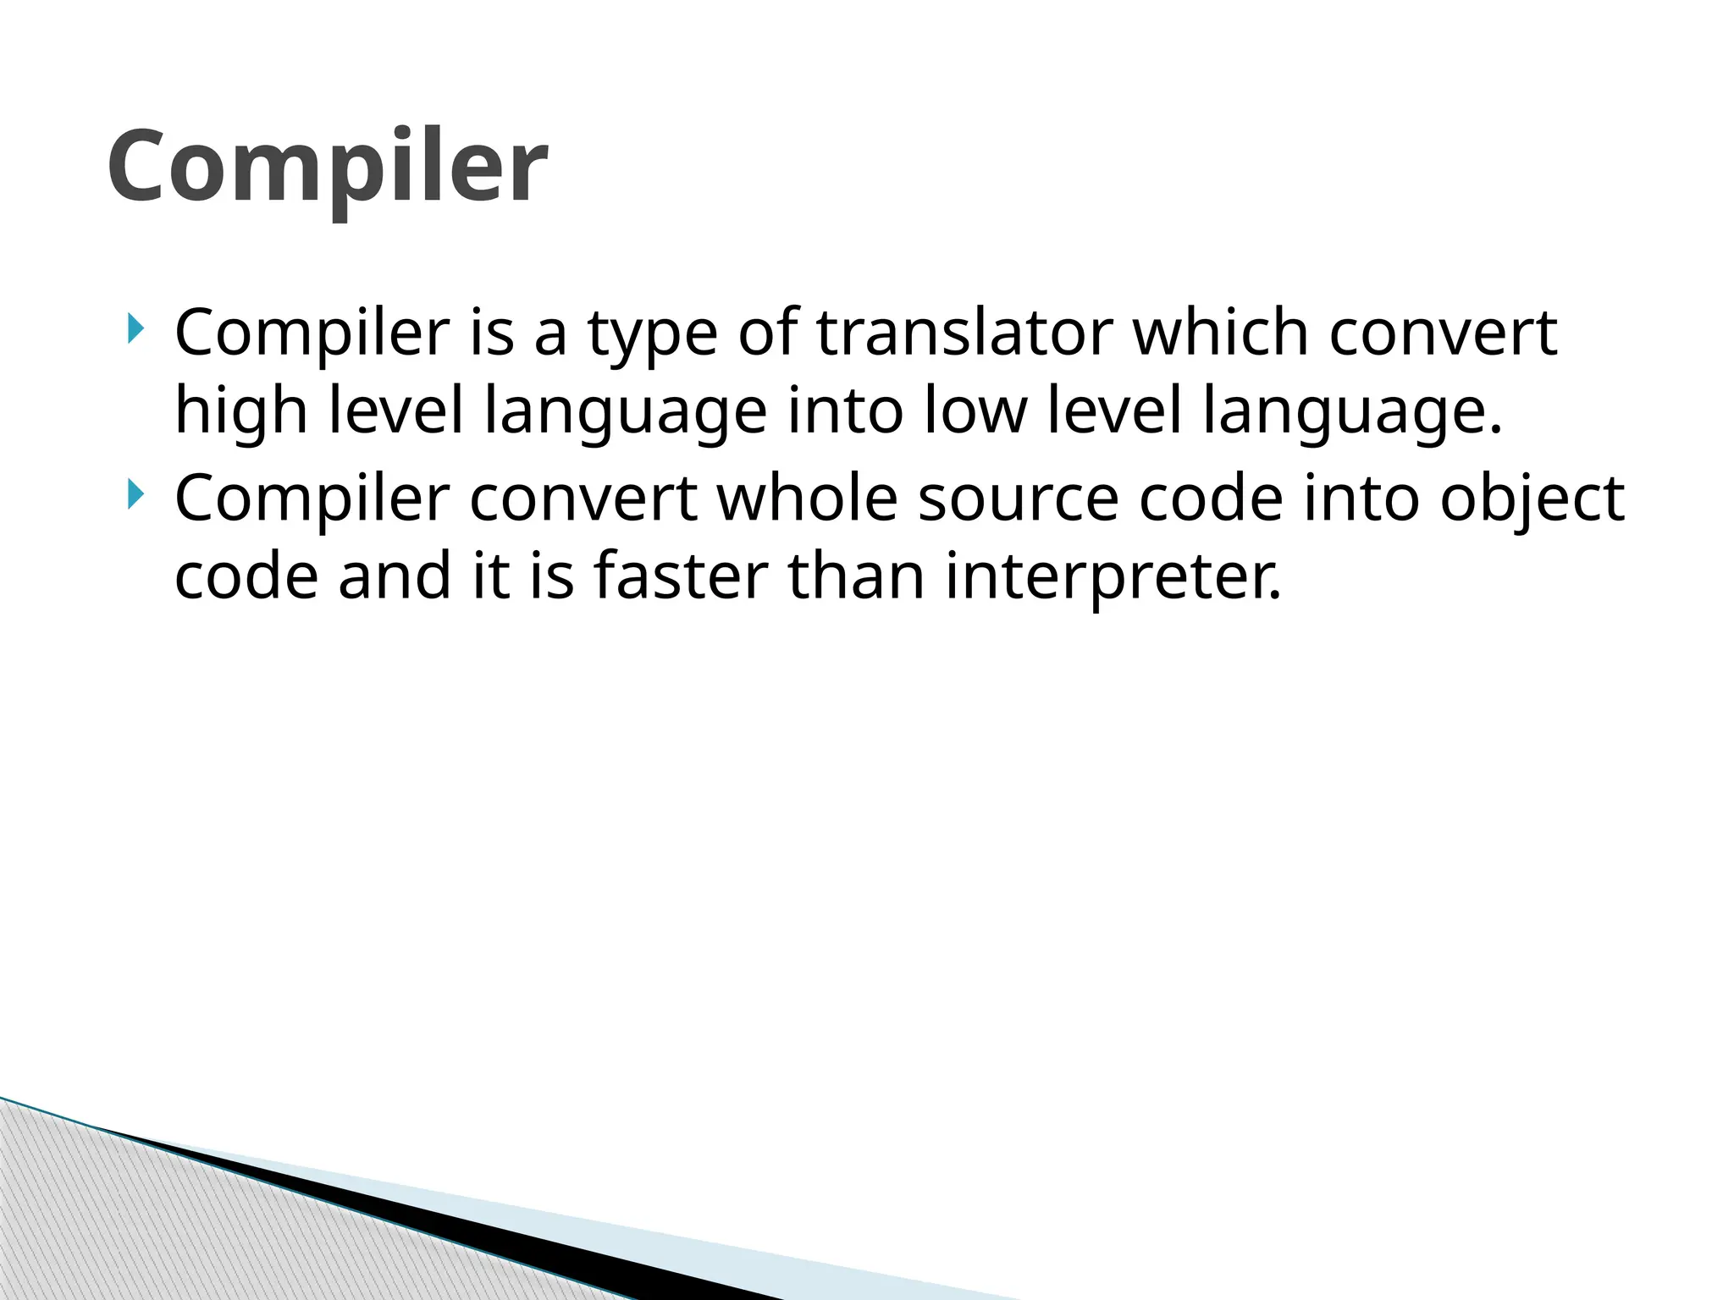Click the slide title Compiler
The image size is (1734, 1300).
[327, 167]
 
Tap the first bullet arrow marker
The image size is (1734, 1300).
[135, 328]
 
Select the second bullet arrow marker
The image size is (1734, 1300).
[135, 493]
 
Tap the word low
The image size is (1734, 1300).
[975, 411]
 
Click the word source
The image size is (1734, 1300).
[1019, 499]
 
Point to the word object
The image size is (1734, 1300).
[1532, 499]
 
